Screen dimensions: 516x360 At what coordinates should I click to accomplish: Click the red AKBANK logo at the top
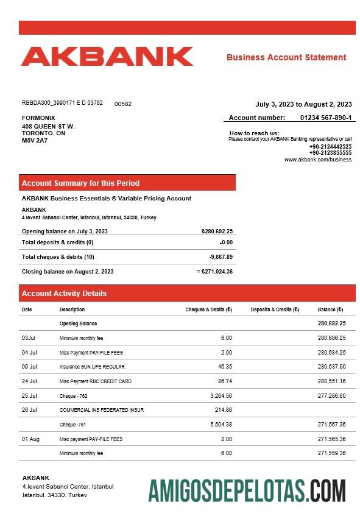107,57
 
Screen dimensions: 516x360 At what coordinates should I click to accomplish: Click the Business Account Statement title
286,57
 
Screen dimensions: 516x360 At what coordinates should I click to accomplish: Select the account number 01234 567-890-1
325,118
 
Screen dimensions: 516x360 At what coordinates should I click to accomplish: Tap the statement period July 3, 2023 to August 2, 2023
303,104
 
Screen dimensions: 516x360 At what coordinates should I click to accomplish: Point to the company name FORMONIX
38,118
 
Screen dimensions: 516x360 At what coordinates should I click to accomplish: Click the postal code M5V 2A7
35,141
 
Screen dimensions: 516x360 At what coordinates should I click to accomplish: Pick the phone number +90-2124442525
330,146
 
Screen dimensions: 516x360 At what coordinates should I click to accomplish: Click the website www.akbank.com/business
317,160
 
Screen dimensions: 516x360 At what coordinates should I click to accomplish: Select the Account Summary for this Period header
80,183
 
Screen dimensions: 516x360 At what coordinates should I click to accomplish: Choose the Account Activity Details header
64,294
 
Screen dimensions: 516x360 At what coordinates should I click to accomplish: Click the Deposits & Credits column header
275,309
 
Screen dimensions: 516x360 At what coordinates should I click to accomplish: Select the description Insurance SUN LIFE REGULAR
92,367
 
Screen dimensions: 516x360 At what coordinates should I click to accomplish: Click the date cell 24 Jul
29,381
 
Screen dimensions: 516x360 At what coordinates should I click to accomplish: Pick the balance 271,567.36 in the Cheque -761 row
331,425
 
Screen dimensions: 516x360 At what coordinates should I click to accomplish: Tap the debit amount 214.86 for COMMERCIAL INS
224,410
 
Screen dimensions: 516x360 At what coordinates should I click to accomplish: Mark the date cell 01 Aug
30,439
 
